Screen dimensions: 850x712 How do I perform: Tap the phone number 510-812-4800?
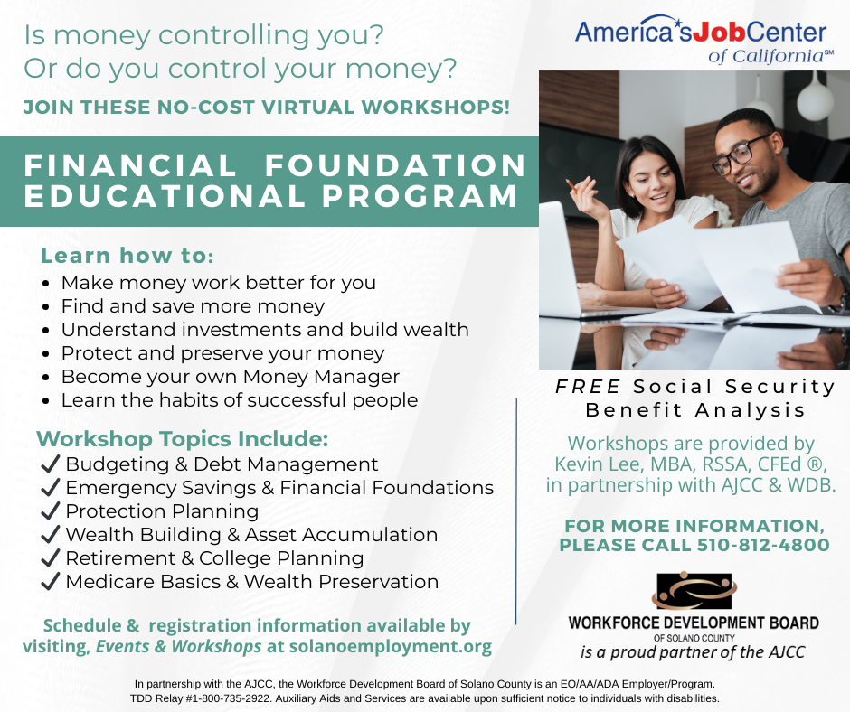pyautogui.click(x=762, y=545)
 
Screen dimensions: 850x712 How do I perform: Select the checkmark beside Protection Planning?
pyautogui.click(x=50, y=511)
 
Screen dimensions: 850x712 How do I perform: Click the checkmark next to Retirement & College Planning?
pyautogui.click(x=50, y=557)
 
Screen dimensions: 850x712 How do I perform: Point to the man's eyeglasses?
pyautogui.click(x=740, y=155)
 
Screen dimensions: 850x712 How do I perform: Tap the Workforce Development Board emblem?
pyautogui.click(x=694, y=591)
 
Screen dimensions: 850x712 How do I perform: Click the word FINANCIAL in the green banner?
pyautogui.click(x=130, y=165)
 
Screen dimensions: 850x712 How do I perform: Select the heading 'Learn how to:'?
pyautogui.click(x=127, y=255)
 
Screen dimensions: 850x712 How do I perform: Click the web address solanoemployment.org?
pyautogui.click(x=391, y=646)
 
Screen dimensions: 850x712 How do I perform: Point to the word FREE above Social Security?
pyautogui.click(x=588, y=387)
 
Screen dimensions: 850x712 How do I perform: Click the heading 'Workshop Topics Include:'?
pyautogui.click(x=182, y=439)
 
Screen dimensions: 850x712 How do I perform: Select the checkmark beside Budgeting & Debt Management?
pyautogui.click(x=50, y=464)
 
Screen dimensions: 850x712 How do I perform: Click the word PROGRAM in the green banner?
pyautogui.click(x=420, y=195)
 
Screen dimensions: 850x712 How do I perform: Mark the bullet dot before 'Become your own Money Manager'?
pyautogui.click(x=46, y=378)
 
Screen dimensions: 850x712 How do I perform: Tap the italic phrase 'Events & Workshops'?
pyautogui.click(x=179, y=646)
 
